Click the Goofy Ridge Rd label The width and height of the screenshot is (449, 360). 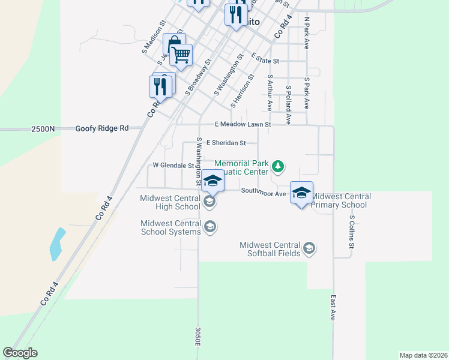pos(102,128)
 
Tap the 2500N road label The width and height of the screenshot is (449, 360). pos(43,128)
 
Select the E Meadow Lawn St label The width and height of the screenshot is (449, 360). pos(244,124)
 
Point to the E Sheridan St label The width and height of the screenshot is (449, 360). pos(226,143)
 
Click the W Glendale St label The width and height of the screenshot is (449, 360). pos(173,165)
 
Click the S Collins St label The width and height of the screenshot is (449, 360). pos(352,233)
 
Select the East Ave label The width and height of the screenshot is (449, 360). pos(333,307)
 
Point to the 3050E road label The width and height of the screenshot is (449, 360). pos(197,336)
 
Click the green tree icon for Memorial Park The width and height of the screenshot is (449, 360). pos(278,165)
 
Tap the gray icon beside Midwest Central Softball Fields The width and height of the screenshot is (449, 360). pos(309,248)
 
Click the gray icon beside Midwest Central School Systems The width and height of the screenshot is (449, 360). pos(209,227)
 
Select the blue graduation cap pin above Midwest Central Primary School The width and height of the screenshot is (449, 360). pos(301,193)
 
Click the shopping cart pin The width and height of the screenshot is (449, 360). pos(181,55)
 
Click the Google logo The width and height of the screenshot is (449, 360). pos(20,353)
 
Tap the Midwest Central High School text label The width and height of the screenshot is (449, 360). pos(170,202)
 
